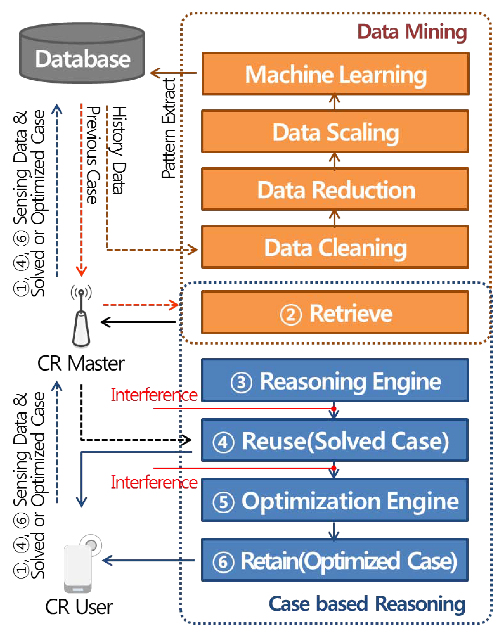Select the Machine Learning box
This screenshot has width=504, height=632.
(x=335, y=74)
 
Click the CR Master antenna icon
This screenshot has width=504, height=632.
(x=81, y=317)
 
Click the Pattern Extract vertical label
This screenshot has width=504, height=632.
(x=169, y=128)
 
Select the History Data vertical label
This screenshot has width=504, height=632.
(x=119, y=150)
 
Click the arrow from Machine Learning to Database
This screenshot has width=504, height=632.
(x=173, y=73)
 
